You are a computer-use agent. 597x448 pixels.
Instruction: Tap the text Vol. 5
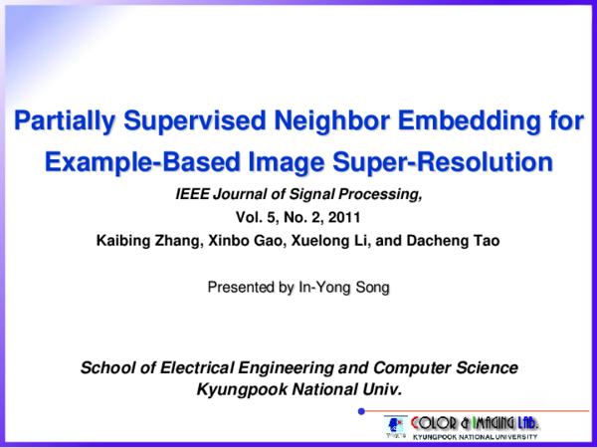[256, 217]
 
